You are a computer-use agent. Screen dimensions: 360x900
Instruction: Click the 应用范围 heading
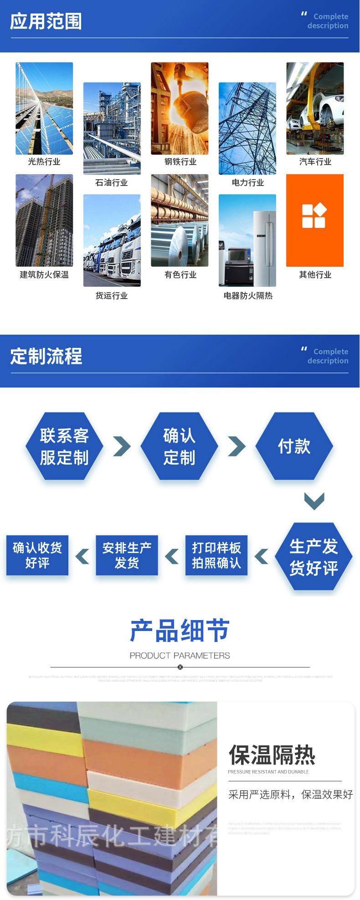pos(46,22)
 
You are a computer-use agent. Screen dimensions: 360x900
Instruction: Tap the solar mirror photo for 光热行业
pos(44,109)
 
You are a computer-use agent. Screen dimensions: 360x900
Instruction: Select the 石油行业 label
pos(112,182)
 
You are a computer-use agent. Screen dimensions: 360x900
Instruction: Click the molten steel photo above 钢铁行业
pos(180,109)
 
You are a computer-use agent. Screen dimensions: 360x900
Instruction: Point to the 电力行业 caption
pos(247,182)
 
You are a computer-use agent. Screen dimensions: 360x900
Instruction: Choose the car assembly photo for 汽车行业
pos(315,109)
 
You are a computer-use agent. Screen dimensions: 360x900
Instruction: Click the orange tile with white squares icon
pos(314,220)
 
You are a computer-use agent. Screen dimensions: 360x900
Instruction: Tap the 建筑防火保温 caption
pos(44,274)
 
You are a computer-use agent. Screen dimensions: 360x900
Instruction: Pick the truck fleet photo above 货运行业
pos(112,240)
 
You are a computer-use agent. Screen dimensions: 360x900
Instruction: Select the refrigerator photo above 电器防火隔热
pos(247,240)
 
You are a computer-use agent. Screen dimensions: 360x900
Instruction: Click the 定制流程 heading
pos(46,356)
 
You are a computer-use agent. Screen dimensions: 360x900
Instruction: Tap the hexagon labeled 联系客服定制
pos(64,446)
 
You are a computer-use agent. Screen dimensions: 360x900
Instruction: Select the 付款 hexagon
pos(294,446)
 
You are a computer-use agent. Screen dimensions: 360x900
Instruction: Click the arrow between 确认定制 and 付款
pos(237,446)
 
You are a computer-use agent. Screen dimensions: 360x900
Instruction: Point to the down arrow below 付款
pos(314,501)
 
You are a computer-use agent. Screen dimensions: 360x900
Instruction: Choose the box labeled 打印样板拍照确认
pos(216,555)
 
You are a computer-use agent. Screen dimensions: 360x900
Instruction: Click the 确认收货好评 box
pos(37,555)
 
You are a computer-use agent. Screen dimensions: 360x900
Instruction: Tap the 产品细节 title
pos(180,631)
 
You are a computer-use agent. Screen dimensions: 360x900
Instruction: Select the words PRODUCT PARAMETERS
pos(180,656)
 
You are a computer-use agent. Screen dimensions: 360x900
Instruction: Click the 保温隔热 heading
pos(272,755)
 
